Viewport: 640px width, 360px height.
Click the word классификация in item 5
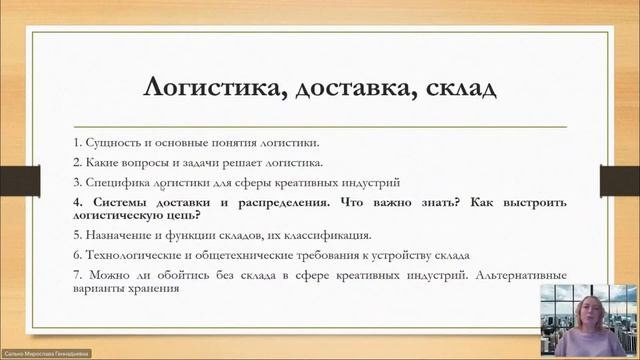pyautogui.click(x=330, y=236)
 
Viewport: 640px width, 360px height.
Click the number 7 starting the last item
pyautogui.click(x=78, y=275)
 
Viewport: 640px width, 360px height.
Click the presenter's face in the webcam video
pyautogui.click(x=586, y=306)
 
